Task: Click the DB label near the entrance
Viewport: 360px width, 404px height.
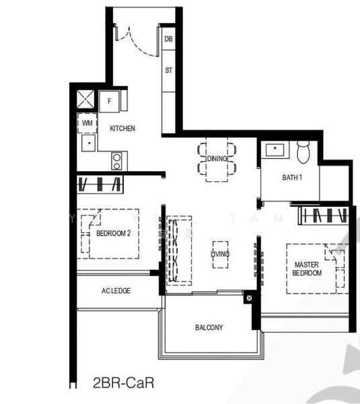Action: (x=168, y=40)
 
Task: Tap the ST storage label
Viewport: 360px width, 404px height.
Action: (x=168, y=69)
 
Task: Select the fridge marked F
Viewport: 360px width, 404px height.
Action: (x=110, y=102)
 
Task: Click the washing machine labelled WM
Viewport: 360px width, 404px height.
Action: (x=87, y=123)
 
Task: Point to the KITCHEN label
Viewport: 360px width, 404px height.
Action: (x=122, y=128)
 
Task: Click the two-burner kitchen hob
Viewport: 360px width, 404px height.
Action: (x=118, y=160)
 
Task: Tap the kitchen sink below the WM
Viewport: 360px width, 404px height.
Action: (x=87, y=143)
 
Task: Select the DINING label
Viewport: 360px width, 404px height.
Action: (x=217, y=158)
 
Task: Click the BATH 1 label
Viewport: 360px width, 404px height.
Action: (x=291, y=177)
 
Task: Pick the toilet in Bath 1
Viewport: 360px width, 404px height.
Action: (x=303, y=151)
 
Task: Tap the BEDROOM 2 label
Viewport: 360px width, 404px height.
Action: (x=113, y=234)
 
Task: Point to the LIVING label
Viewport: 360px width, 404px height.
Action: (x=220, y=254)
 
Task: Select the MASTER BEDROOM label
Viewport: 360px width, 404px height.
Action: (x=307, y=269)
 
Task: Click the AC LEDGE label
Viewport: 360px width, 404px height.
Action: (x=116, y=290)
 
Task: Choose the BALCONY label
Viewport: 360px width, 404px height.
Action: (x=209, y=328)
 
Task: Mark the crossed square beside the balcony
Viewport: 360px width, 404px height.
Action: (x=248, y=297)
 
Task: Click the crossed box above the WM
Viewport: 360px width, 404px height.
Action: (x=87, y=100)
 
